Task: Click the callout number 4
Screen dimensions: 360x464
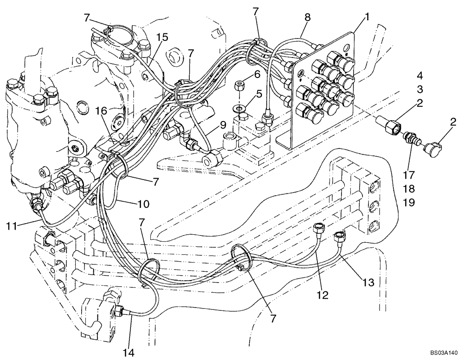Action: click(419, 75)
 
